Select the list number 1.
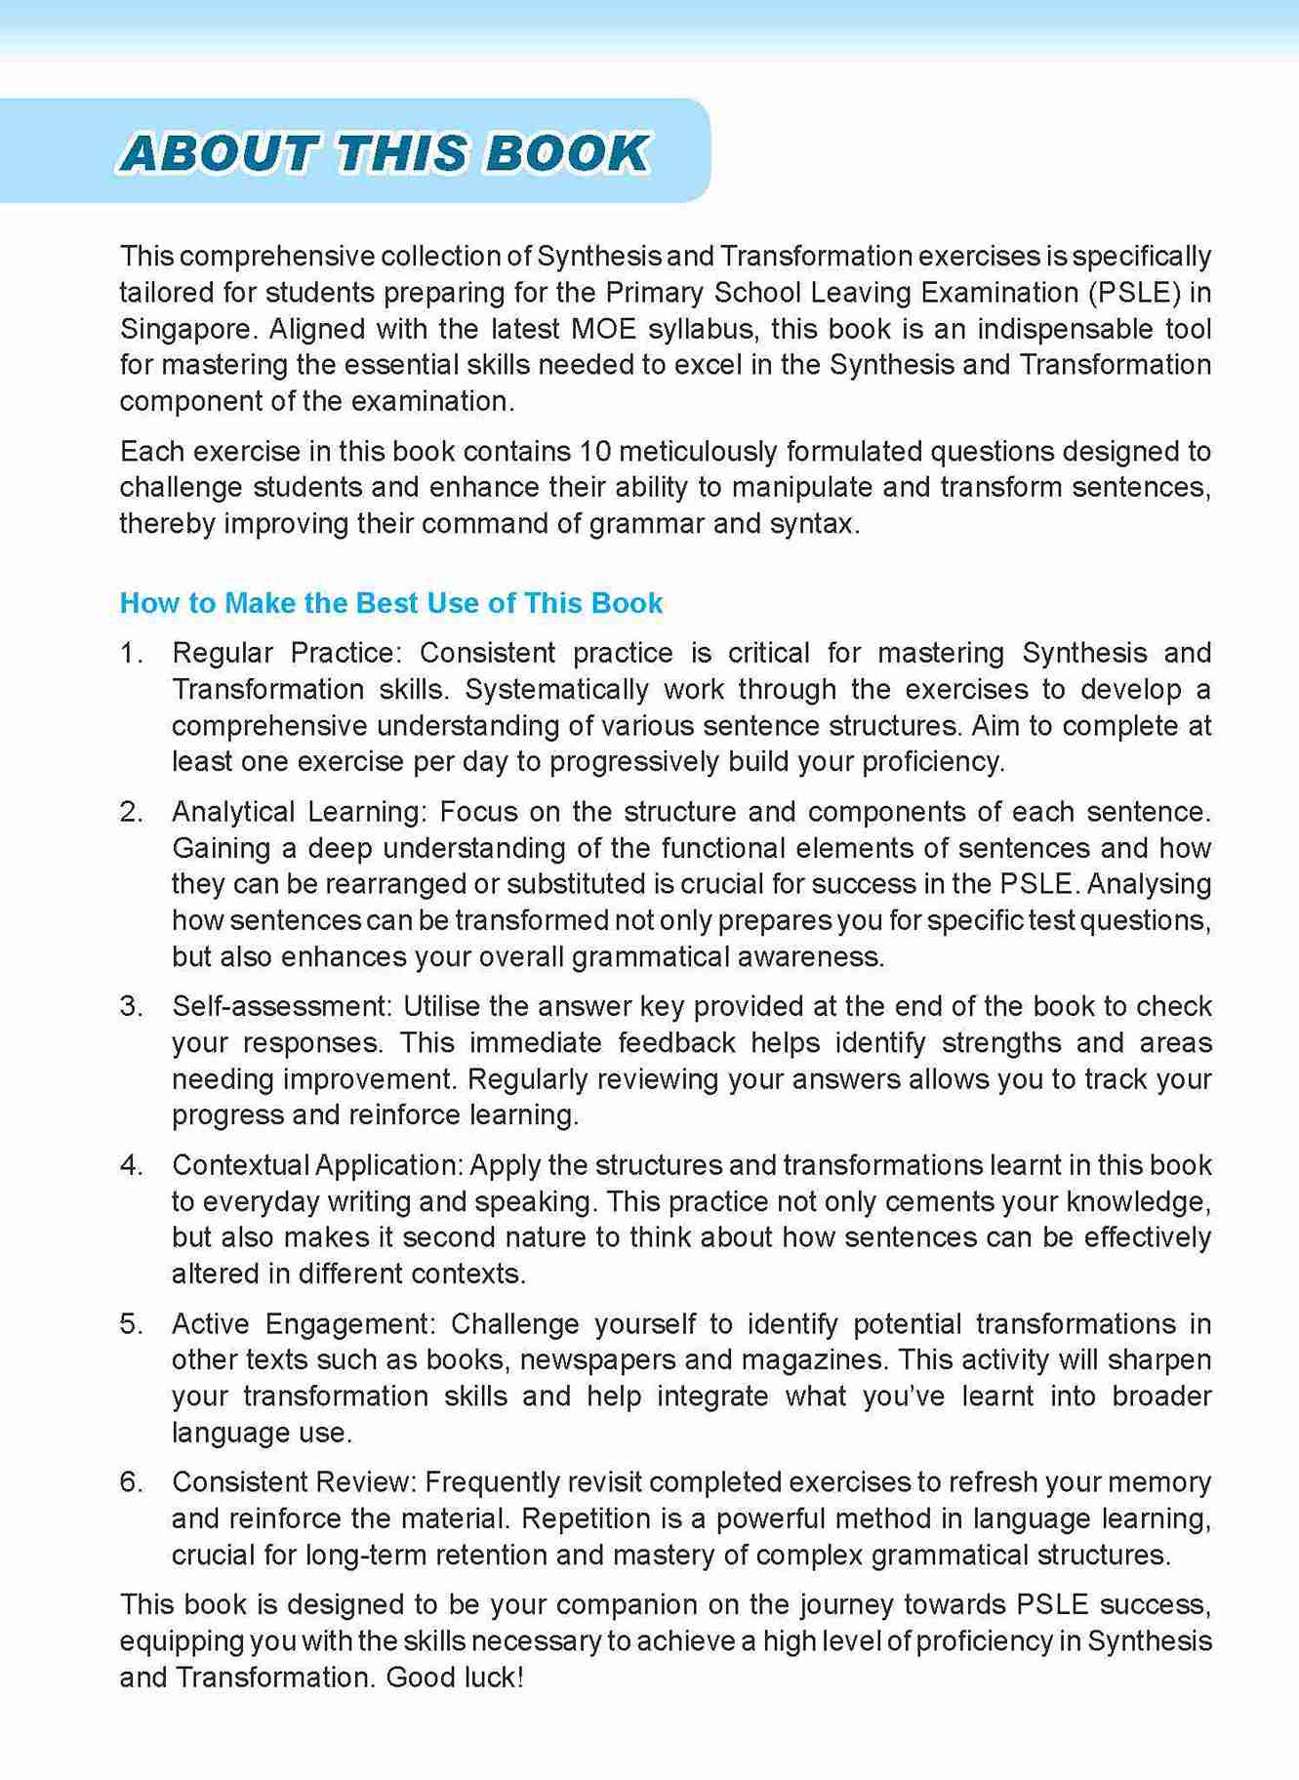[130, 652]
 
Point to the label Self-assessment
[280, 1005]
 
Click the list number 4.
[131, 1164]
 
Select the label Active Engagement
[302, 1323]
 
